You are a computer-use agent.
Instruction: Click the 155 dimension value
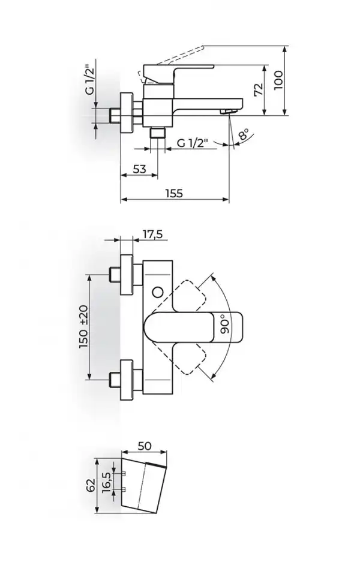pyautogui.click(x=174, y=194)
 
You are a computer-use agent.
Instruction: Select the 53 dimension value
pyautogui.click(x=139, y=169)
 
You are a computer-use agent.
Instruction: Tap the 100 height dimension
pyautogui.click(x=278, y=80)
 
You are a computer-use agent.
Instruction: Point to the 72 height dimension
pyautogui.click(x=259, y=89)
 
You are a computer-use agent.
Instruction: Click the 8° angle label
pyautogui.click(x=243, y=134)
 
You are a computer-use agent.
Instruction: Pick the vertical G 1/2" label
pyautogui.click(x=90, y=79)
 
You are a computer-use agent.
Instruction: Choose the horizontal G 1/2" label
pyautogui.click(x=193, y=143)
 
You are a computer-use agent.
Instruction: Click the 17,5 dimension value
pyautogui.click(x=152, y=235)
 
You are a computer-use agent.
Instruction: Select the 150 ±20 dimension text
pyautogui.click(x=83, y=326)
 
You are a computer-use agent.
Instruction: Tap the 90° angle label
pyautogui.click(x=225, y=324)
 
